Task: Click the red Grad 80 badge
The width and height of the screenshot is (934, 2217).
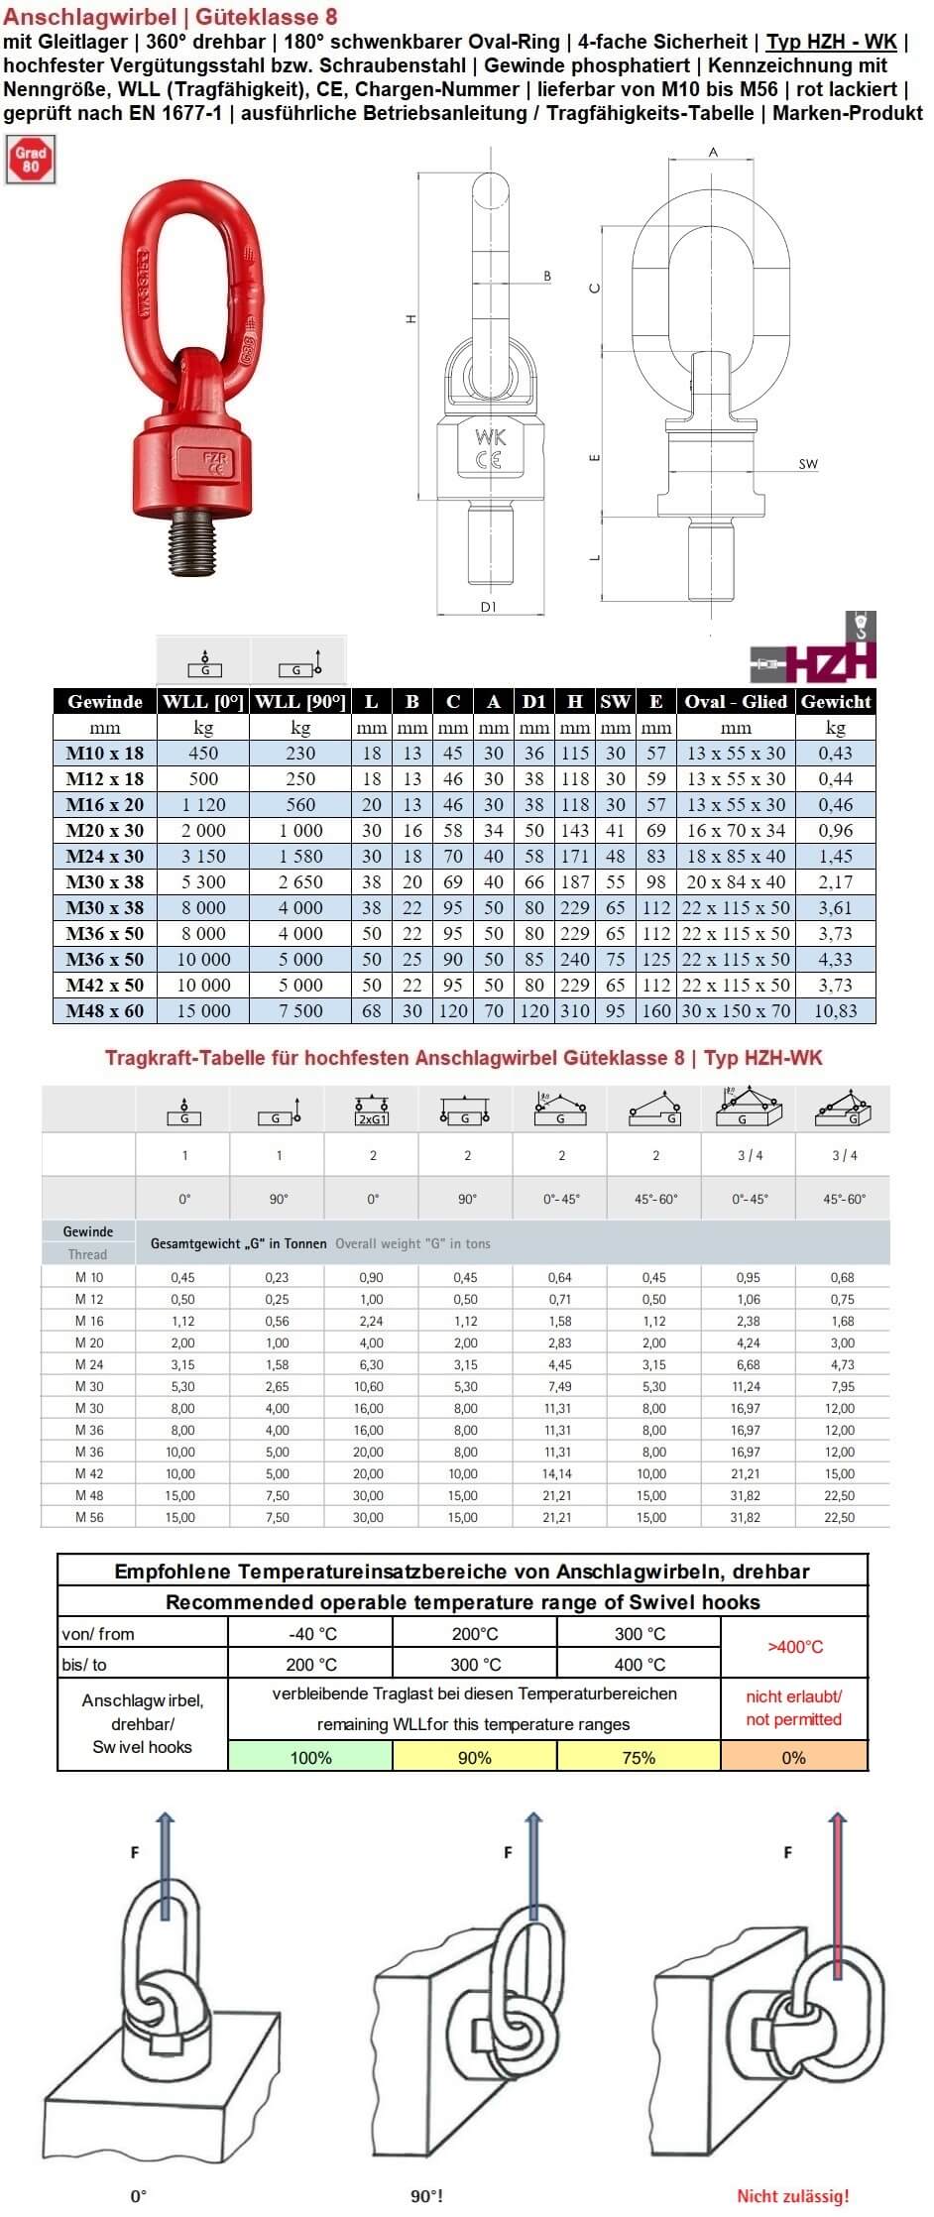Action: [x=31, y=161]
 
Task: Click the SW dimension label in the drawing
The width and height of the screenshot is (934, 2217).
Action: [x=808, y=464]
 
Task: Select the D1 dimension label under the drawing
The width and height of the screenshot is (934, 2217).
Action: [x=488, y=607]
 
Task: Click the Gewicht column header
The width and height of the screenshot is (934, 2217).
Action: [x=836, y=702]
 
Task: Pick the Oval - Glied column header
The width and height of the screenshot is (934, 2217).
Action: [x=736, y=702]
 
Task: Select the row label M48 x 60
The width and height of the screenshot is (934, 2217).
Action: [x=104, y=1011]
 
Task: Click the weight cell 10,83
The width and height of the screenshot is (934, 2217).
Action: [x=836, y=1011]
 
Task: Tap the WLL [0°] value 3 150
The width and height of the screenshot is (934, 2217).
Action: [x=202, y=857]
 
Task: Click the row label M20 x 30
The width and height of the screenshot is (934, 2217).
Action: [x=104, y=831]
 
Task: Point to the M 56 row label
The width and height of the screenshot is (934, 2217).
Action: [x=89, y=1518]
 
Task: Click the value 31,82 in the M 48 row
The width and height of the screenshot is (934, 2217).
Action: [x=746, y=1496]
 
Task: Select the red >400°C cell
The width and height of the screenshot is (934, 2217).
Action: [x=795, y=1647]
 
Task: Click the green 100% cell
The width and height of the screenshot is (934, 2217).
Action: [x=310, y=1757]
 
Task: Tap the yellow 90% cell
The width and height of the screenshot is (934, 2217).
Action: [x=475, y=1757]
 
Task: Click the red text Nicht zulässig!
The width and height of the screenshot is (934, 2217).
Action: [x=793, y=2196]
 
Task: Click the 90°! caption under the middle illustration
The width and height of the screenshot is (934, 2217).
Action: [x=427, y=2196]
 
